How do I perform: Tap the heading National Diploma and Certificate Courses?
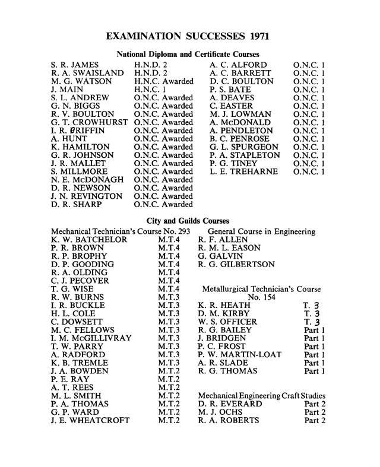(x=188, y=54)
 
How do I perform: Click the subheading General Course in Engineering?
(x=261, y=231)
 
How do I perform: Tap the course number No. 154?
(x=261, y=297)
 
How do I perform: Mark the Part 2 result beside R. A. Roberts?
(x=315, y=421)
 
